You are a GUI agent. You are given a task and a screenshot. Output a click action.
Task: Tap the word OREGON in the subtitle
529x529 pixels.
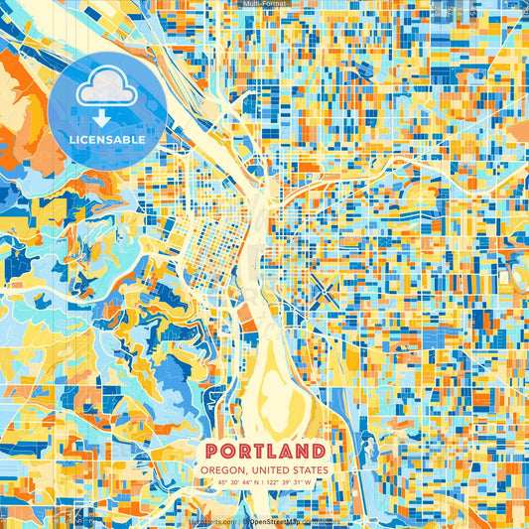223,470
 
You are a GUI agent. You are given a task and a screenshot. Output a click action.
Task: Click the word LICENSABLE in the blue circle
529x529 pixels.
107,140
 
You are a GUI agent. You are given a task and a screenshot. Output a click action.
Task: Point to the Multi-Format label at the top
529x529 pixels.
264,4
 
